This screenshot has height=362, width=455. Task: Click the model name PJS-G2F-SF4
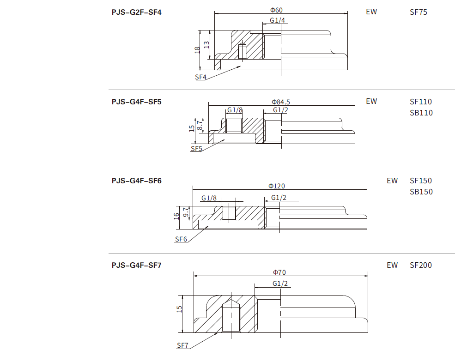[136, 12]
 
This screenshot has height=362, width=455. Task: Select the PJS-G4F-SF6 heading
[136, 181]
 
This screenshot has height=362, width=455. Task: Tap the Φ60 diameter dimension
[276, 10]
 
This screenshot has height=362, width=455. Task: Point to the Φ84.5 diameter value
[281, 102]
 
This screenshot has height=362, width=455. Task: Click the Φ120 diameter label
[277, 186]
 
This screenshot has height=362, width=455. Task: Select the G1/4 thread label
[278, 20]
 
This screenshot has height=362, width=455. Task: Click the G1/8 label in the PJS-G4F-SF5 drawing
[235, 110]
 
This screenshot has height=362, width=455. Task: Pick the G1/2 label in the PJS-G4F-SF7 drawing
[280, 283]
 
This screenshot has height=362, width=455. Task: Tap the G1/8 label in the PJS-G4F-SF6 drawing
[209, 198]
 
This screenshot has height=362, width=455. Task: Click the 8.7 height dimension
[200, 124]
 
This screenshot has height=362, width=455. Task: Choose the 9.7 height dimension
[186, 212]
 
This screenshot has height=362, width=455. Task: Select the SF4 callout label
[200, 77]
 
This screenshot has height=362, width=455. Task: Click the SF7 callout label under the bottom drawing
[182, 345]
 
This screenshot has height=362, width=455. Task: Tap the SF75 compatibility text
[419, 12]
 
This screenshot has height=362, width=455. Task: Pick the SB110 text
[421, 113]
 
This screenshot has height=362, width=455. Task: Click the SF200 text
[421, 265]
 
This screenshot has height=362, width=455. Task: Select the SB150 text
[421, 192]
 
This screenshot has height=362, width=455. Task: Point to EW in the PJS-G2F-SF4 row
[371, 12]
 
